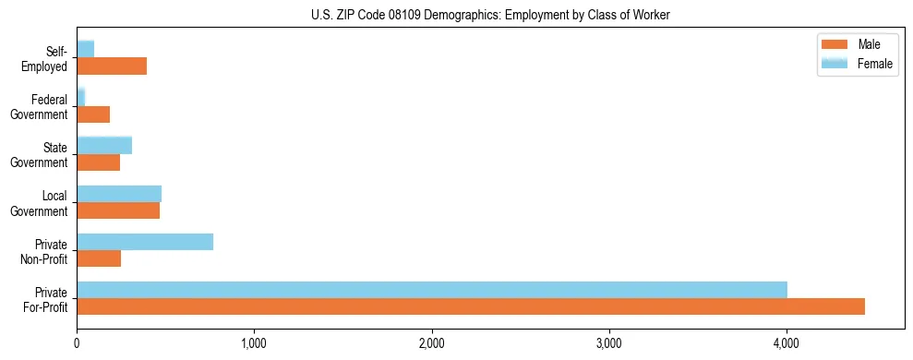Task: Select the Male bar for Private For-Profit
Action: pyautogui.click(x=470, y=306)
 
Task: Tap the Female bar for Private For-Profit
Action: pyautogui.click(x=431, y=290)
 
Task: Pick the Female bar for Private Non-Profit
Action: pyautogui.click(x=145, y=242)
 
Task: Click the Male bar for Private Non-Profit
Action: pyautogui.click(x=99, y=258)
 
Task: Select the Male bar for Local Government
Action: pyautogui.click(x=118, y=210)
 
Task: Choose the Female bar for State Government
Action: pyautogui.click(x=104, y=145)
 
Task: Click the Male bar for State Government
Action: pyautogui.click(x=98, y=162)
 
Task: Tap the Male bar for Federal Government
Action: pyautogui.click(x=93, y=114)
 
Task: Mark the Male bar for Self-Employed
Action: pyautogui.click(x=112, y=66)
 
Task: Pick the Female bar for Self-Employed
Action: pyautogui.click(x=85, y=49)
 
